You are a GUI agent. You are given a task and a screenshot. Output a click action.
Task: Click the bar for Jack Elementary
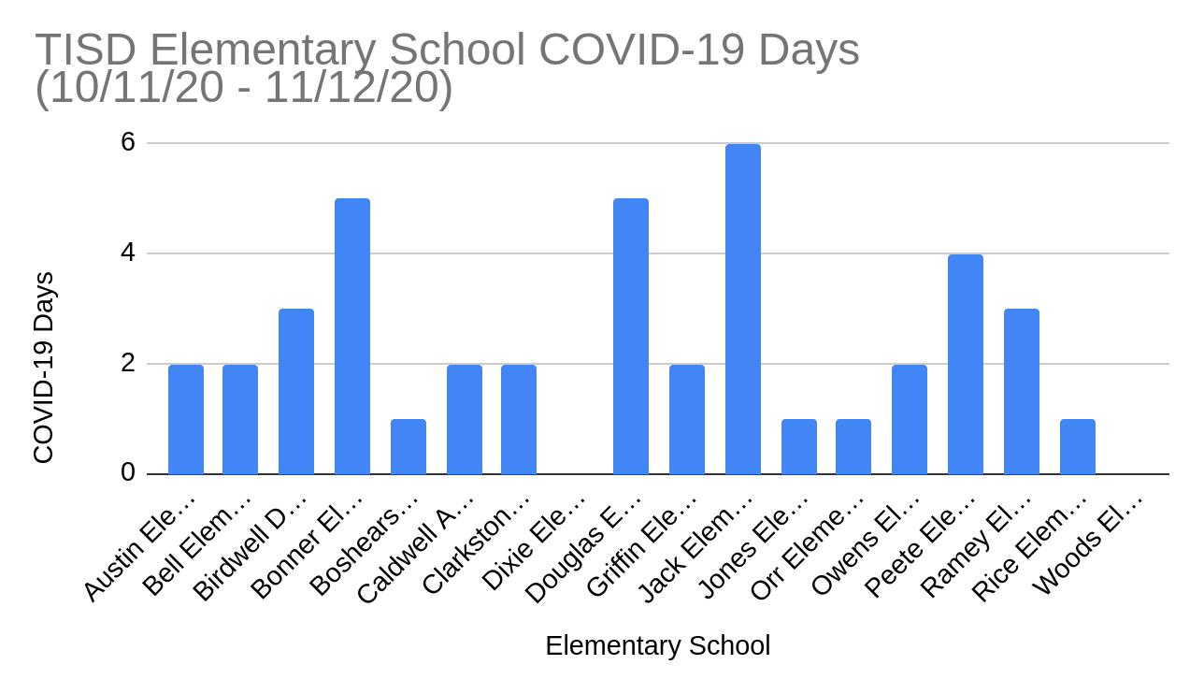coord(742,309)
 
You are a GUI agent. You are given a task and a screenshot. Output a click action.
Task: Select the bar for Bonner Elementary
coord(351,336)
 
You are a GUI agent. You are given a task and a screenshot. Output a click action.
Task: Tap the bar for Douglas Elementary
coord(630,336)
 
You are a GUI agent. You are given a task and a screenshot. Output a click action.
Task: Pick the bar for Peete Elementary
coord(965,364)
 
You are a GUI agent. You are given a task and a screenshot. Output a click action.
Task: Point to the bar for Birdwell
coord(295,391)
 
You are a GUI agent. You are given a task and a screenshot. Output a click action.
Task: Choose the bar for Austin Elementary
coord(185,419)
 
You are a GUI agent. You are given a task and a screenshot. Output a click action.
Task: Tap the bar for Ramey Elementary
coord(1021,391)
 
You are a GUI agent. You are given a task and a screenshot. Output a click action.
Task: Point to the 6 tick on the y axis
coord(128,142)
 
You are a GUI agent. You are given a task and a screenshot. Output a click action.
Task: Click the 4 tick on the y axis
coord(128,253)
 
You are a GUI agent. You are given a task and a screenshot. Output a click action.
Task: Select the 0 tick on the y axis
coord(128,473)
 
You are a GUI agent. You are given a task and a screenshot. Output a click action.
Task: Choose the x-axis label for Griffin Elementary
coord(643,546)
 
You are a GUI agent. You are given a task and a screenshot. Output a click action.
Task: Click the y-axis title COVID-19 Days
coord(44,368)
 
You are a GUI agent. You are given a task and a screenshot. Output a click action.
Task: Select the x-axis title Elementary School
coord(657,646)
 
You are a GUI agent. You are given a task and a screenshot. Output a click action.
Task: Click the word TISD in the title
coord(86,51)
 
